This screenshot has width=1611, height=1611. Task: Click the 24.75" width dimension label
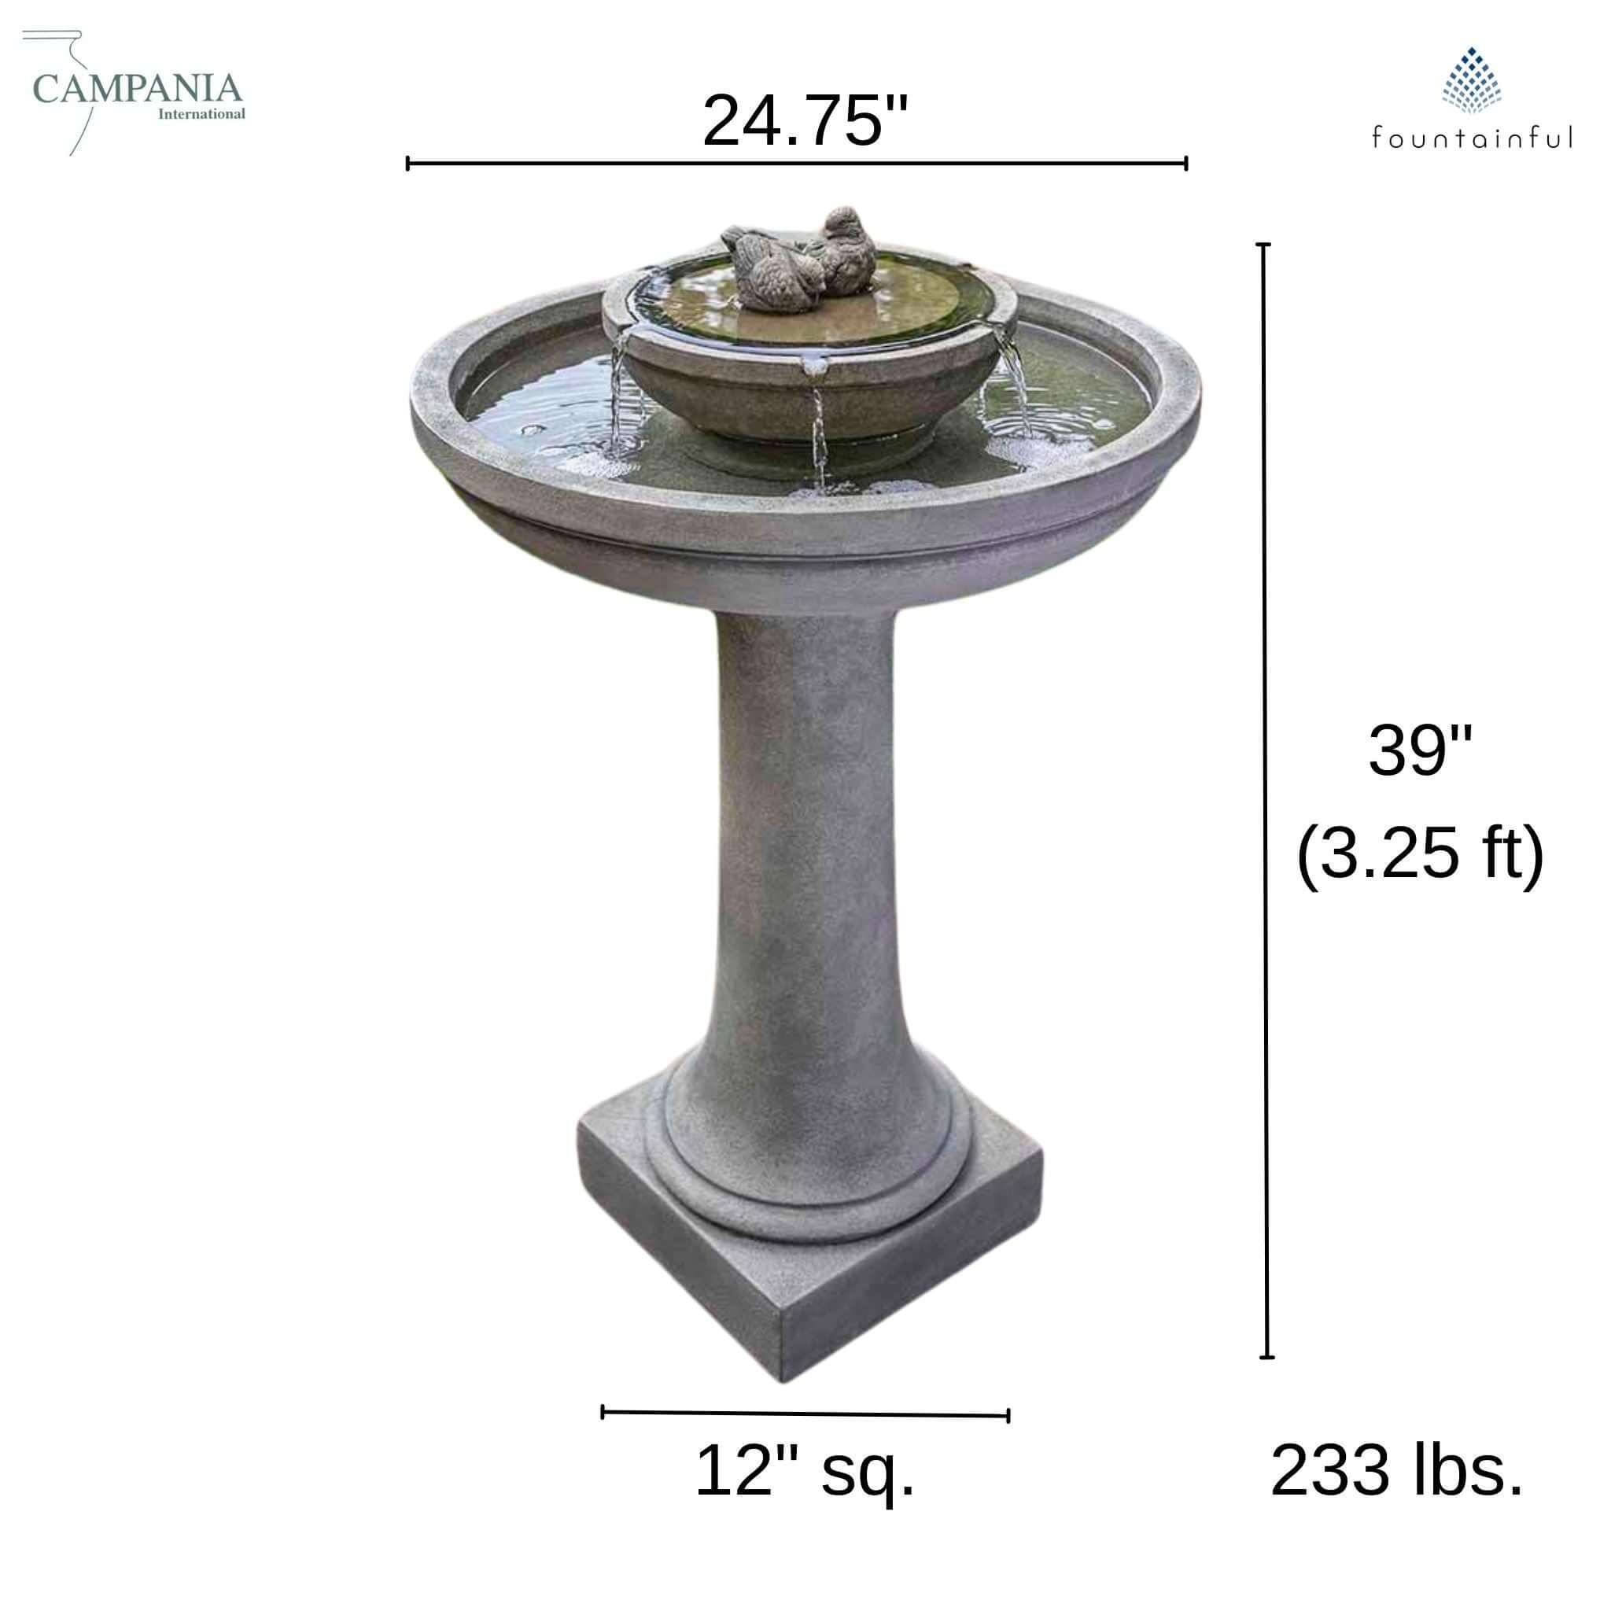805,122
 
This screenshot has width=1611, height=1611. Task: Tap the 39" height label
1420,750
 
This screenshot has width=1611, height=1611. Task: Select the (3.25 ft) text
1420,853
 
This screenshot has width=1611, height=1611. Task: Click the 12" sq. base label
805,1473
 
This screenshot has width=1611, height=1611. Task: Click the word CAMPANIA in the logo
138,88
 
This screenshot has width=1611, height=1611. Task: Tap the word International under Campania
202,113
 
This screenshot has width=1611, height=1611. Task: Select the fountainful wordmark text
1473,138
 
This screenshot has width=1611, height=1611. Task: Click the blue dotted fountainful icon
1472,80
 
